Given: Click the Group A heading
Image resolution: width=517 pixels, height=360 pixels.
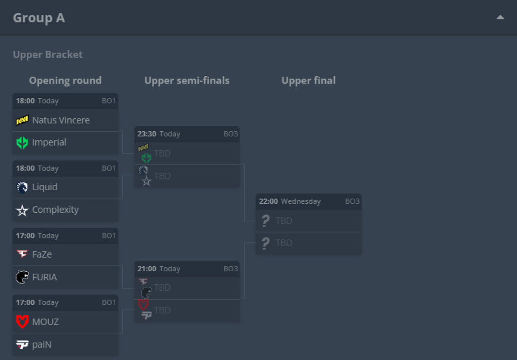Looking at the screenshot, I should tap(39, 18).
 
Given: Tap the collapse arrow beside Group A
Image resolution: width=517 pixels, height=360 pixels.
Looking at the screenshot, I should tap(500, 17).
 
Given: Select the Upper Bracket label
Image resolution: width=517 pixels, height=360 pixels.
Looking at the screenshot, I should tap(47, 55).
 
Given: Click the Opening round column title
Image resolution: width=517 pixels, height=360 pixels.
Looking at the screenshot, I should tap(65, 81).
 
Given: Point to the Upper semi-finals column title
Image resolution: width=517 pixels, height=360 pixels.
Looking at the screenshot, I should tap(187, 81).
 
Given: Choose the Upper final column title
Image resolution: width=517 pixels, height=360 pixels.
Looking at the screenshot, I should tap(308, 81).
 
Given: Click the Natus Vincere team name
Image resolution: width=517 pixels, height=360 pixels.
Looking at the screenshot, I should tap(61, 120).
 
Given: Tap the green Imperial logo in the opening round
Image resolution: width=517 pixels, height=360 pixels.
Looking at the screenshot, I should tap(22, 143).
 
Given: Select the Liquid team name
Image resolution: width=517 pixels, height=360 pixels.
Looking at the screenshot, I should tap(45, 187).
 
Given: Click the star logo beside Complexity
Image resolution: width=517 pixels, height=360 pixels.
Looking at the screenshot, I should tap(22, 210).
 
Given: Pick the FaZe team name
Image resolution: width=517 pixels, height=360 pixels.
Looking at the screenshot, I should tap(42, 254).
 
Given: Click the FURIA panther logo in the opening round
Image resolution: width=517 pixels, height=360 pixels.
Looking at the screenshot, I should tap(22, 277).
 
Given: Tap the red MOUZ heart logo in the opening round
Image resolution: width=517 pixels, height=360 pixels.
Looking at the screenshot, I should tap(22, 322).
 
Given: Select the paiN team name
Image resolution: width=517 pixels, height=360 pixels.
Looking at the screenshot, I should tap(42, 344).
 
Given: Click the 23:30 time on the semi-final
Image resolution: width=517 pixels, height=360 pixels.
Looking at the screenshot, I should tap(147, 134).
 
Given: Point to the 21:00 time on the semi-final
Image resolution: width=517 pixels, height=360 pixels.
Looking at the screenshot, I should tap(147, 269).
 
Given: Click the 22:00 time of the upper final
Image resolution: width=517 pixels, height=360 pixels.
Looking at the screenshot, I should tap(268, 201).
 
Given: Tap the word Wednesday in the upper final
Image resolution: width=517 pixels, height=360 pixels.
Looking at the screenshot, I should tap(301, 201).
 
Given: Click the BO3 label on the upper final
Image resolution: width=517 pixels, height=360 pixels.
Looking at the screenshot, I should tap(352, 201).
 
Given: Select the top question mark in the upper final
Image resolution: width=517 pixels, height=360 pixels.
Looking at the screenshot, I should tap(265, 221).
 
